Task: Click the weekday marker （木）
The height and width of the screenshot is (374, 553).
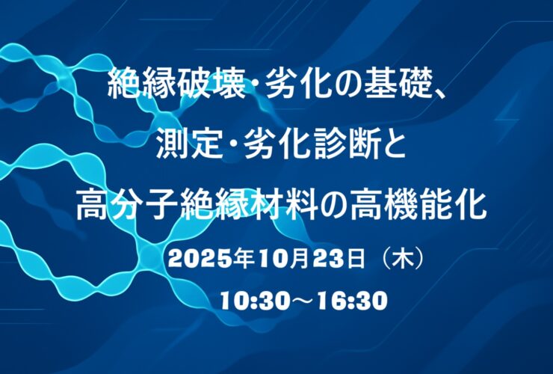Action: tap(402, 260)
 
